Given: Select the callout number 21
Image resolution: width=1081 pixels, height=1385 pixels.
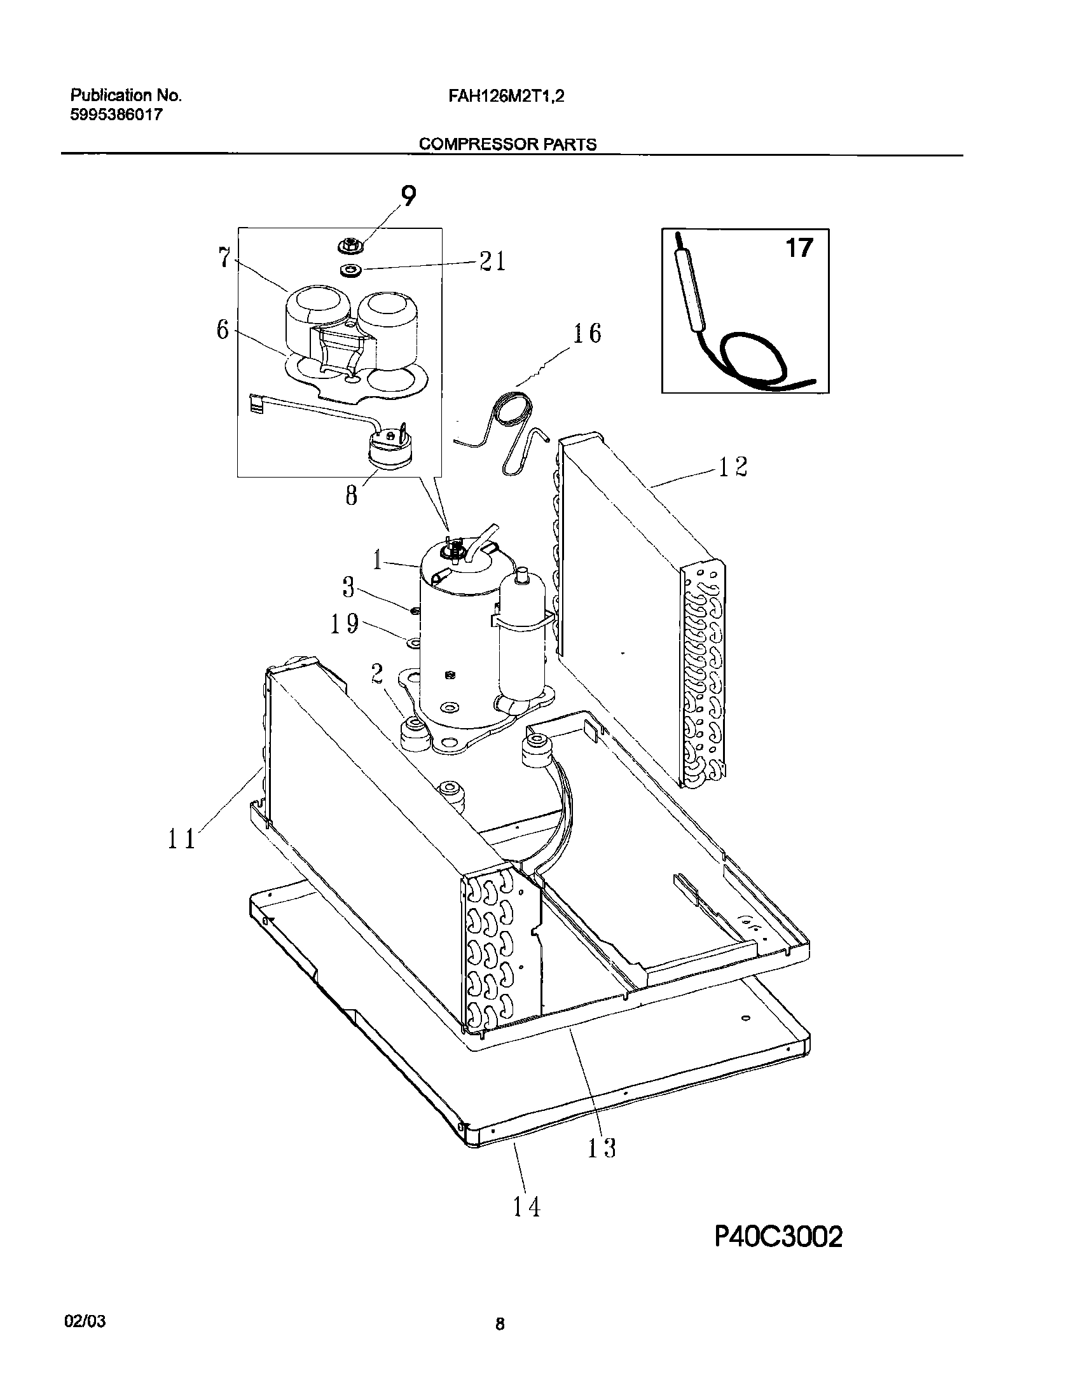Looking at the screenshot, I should tap(493, 261).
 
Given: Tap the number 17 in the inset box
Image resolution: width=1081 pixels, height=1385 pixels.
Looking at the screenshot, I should tap(799, 247).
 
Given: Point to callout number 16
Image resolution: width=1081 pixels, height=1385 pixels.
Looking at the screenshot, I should tap(586, 333).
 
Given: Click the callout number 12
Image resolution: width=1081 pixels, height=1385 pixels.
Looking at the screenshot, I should tap(733, 467).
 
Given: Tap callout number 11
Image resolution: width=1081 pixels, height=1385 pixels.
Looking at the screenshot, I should tap(182, 839).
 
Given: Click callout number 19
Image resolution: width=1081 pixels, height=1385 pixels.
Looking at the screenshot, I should tap(345, 624).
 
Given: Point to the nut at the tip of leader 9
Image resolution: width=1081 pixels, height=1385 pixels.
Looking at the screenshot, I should tap(348, 244).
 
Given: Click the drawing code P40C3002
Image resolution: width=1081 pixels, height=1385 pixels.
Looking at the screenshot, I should tap(778, 1271).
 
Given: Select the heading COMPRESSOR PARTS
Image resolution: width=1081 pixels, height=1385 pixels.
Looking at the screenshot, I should tap(507, 144).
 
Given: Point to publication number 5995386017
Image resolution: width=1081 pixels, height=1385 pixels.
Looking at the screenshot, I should tap(116, 115).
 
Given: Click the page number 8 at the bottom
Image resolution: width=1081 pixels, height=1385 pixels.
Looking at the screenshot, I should tap(500, 1324).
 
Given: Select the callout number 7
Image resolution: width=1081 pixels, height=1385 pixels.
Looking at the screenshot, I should tap(223, 258).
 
